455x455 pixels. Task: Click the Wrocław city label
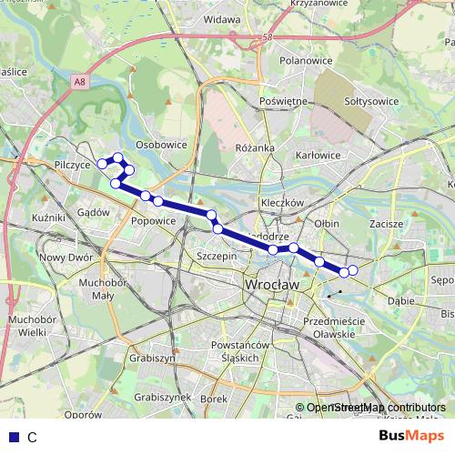270,285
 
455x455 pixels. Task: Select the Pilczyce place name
73,166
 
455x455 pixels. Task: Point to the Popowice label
153,219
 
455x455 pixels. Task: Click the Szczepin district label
217,258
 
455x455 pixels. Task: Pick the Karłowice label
318,156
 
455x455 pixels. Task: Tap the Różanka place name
255,147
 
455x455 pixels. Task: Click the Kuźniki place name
46,219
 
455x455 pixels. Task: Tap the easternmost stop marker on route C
353,269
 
